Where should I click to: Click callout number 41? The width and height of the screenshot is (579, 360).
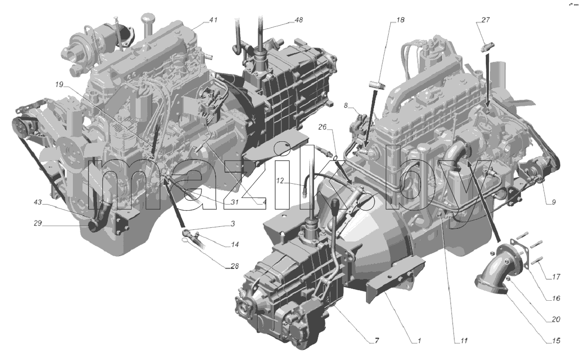tap(213, 21)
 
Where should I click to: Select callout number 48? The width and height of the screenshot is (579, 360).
tap(299, 20)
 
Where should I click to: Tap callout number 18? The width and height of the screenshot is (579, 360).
tap(400, 20)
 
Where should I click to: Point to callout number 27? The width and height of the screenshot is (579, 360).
tap(485, 20)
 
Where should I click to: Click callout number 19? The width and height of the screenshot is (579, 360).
tap(59, 85)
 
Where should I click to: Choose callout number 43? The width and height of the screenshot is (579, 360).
tap(37, 203)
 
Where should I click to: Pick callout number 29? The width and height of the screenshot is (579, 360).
tap(37, 223)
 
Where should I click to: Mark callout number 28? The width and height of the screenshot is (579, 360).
tap(234, 266)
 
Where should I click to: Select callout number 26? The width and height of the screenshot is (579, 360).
tap(322, 128)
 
